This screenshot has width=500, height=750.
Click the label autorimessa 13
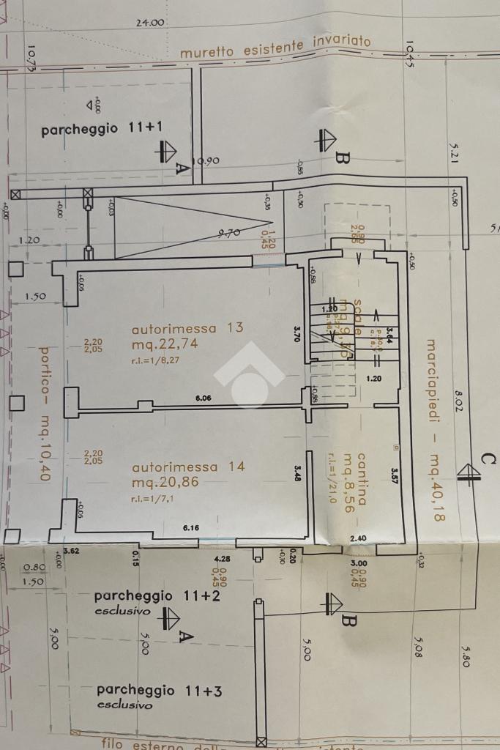[x=187, y=327]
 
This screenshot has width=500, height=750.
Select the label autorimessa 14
[x=187, y=467]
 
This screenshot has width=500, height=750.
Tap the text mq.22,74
[x=165, y=343]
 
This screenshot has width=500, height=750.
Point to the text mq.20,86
[x=165, y=482]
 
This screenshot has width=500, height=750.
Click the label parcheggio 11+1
[x=102, y=129]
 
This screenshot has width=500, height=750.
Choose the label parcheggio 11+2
[x=147, y=596]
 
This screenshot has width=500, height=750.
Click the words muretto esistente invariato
[x=275, y=47]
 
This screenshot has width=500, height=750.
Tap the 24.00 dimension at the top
[x=150, y=23]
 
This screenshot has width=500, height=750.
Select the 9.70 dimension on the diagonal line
[x=229, y=235]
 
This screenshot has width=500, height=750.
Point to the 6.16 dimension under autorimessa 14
[x=192, y=528]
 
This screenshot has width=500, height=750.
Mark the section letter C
[x=489, y=459]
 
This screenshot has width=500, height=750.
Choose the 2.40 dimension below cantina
[x=358, y=538]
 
